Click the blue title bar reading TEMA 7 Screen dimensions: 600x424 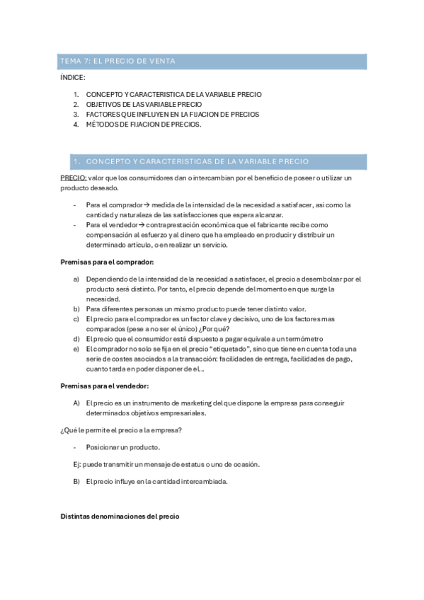coord(212,62)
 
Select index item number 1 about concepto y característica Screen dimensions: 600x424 coord(173,94)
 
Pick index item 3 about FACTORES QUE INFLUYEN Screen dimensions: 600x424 coord(172,114)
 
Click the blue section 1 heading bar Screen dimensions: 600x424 coord(212,161)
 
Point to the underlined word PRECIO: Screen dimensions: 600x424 coord(73,178)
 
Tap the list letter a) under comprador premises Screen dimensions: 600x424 coord(76,280)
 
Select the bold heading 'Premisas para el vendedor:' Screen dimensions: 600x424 coord(99,386)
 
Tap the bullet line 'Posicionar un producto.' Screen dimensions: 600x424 coord(122,447)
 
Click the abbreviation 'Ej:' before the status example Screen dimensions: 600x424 coord(69,464)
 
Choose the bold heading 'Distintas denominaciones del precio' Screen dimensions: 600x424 coord(121,517)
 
